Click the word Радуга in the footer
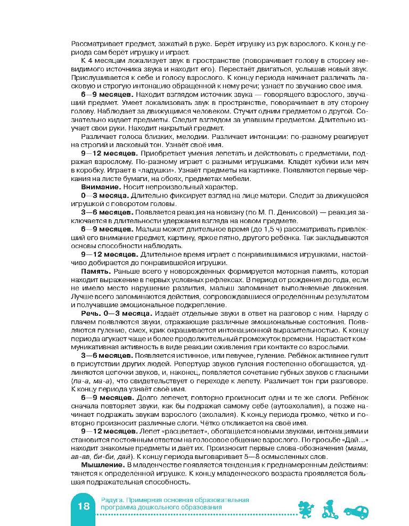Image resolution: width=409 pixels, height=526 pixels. pos(110,500)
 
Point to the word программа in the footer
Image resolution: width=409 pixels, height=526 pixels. pos(118,508)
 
